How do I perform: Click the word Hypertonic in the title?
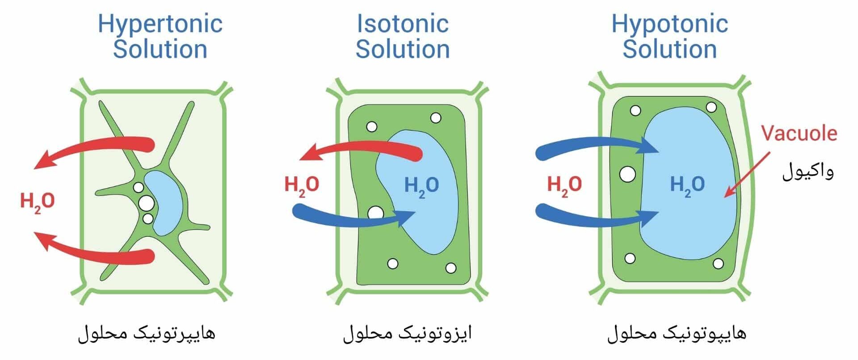pyautogui.click(x=160, y=24)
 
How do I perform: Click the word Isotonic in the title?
pyautogui.click(x=402, y=24)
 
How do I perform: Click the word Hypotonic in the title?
pyautogui.click(x=669, y=24)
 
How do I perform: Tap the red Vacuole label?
pyautogui.click(x=799, y=133)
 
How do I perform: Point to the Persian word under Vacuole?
pyautogui.click(x=808, y=172)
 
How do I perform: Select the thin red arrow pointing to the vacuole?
pyautogui.click(x=747, y=174)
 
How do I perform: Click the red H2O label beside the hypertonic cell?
pyautogui.click(x=38, y=201)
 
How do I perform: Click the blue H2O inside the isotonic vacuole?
pyautogui.click(x=421, y=185)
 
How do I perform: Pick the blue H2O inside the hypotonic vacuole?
pyautogui.click(x=687, y=184)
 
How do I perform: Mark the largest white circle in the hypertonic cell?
pyautogui.click(x=146, y=203)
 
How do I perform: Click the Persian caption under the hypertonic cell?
pyautogui.click(x=147, y=333)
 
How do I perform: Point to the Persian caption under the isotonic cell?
pyautogui.click(x=407, y=333)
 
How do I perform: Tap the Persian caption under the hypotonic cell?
pyautogui.click(x=676, y=333)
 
